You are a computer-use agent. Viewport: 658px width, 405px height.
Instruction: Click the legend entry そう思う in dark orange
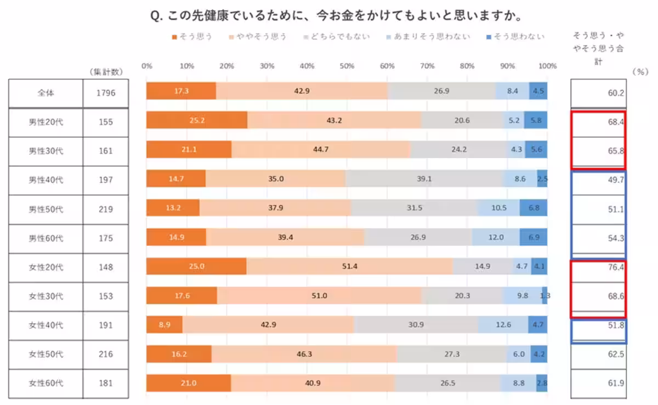tap(192, 37)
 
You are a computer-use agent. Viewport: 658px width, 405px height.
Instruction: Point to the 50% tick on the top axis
tap(347, 66)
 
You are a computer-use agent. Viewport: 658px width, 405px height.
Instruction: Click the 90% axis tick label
tap(508, 66)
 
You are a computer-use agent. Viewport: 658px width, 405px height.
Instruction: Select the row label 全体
tap(46, 93)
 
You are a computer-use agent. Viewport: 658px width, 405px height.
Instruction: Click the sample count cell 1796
tap(105, 93)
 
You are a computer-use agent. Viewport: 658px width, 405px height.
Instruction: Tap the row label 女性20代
tap(46, 267)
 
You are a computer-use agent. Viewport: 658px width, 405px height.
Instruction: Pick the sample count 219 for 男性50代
tap(105, 209)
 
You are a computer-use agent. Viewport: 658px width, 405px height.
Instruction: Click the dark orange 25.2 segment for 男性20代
tap(196, 120)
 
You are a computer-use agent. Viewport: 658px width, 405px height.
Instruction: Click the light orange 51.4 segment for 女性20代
tap(349, 266)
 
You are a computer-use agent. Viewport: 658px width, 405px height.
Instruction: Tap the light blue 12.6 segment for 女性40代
tap(503, 325)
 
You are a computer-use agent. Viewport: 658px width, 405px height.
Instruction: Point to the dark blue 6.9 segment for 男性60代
tap(533, 238)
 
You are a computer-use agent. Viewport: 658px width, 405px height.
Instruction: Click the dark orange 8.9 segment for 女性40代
tap(164, 325)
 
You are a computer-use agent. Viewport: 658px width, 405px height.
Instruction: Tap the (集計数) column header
tap(105, 72)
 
